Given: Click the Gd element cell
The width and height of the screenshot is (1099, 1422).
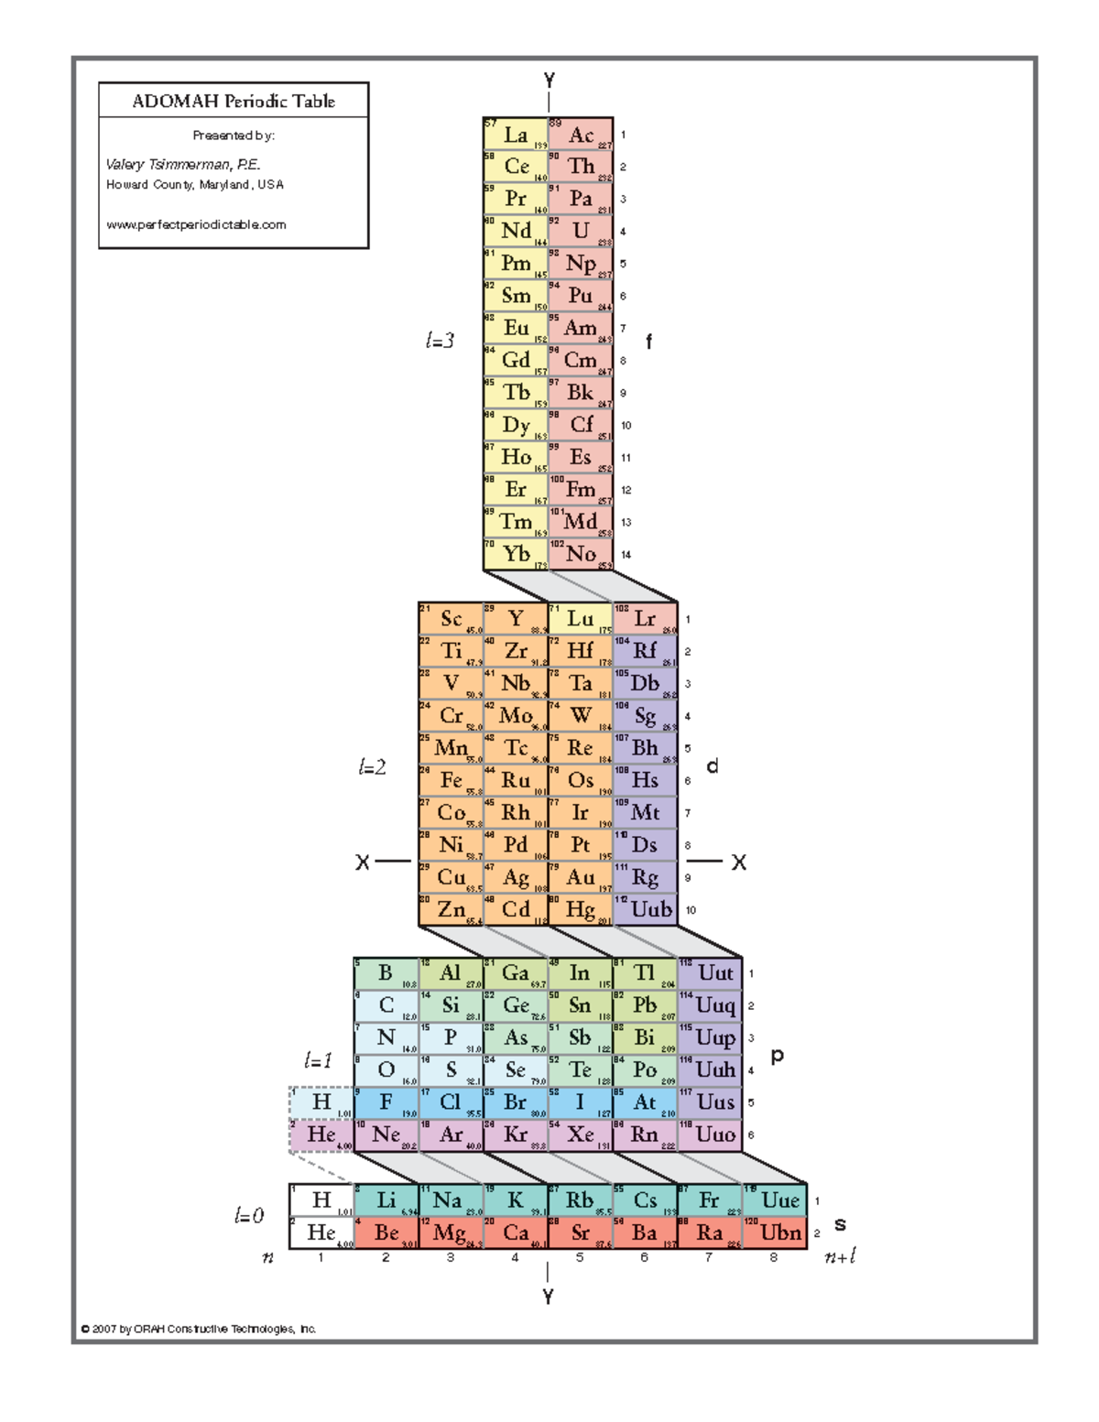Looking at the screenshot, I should coord(516,360).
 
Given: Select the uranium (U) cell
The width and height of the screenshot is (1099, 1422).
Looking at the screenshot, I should coord(581,231).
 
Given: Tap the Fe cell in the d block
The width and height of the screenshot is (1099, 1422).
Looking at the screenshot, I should coord(451,780).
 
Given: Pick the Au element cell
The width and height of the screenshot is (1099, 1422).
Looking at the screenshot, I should coord(581,877).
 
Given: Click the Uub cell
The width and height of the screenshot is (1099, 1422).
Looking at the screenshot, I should coord(646,909).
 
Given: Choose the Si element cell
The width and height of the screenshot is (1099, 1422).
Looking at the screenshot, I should coord(451,1005).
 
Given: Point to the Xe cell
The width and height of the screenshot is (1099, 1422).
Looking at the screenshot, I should coord(581,1134).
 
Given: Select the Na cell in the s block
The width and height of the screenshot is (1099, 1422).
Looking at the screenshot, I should coord(451,1199).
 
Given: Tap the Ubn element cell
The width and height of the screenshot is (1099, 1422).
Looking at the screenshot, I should coord(775,1232).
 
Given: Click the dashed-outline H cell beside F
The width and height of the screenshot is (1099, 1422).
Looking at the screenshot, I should coord(321,1102).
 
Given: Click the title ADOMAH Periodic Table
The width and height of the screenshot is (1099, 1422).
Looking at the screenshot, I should coord(234,101).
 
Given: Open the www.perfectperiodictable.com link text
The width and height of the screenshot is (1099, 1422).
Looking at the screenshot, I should coord(196,224).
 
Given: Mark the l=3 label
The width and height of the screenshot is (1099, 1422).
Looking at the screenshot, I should coord(440,341).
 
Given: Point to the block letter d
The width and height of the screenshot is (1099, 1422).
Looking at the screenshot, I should coord(713,766).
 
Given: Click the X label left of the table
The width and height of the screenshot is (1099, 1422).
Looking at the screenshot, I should coord(363,863).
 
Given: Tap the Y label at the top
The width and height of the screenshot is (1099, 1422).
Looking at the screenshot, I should coord(549,81).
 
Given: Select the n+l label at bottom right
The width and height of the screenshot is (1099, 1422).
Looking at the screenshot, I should coord(840,1256).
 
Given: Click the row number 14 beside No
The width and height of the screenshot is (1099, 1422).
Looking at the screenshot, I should coord(626,554).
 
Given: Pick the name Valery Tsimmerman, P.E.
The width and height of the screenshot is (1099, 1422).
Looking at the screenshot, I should coord(183,165).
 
